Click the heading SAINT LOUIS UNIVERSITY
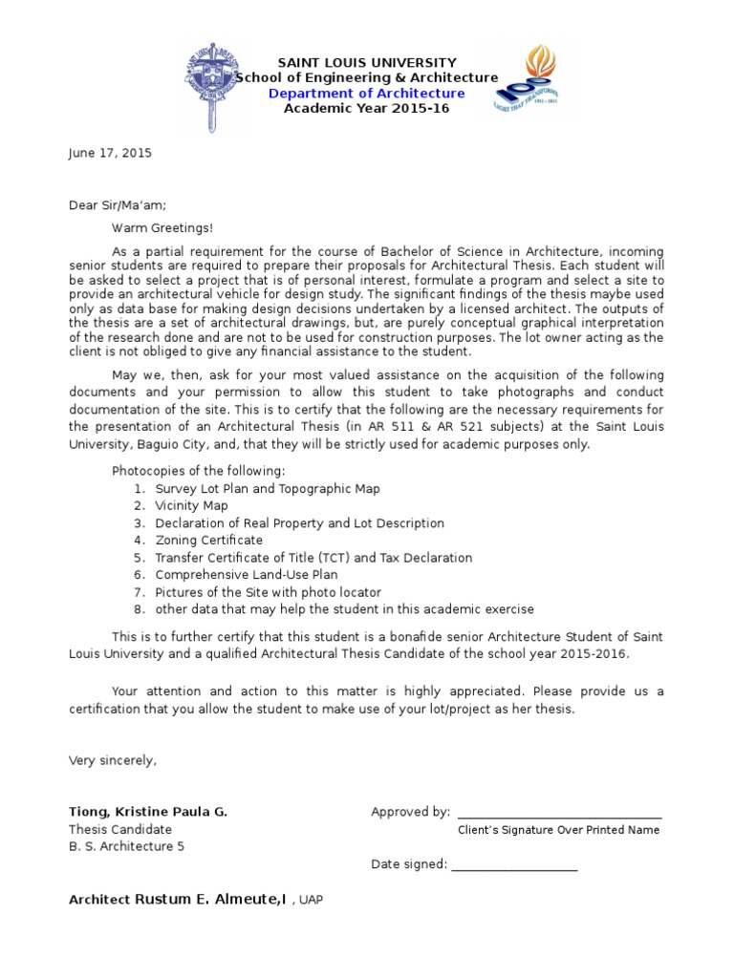pos(366,62)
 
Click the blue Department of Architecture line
pos(366,93)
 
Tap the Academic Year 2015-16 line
pos(366,108)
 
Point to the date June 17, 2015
pos(110,153)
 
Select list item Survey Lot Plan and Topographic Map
pos(267,488)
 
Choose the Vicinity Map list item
pos(191,505)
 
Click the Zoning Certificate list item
pos(208,540)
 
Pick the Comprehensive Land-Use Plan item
pos(246,574)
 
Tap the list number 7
pos(139,592)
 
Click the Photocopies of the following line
pos(198,471)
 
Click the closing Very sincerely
pos(112,760)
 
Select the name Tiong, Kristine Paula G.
pos(148,812)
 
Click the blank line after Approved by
pos(559,814)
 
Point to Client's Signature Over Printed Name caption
pos(558,830)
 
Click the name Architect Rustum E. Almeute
pos(177,899)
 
